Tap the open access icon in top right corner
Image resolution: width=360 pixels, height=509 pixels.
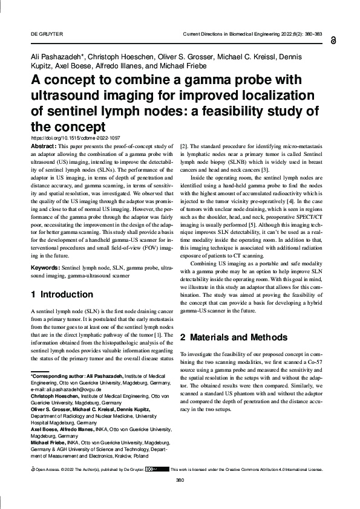click(x=335, y=41)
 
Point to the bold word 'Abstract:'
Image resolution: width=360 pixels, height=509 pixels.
click(x=43, y=147)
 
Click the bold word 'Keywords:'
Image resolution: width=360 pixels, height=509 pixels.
click(x=45, y=267)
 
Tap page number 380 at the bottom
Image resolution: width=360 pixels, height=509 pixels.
click(x=179, y=497)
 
